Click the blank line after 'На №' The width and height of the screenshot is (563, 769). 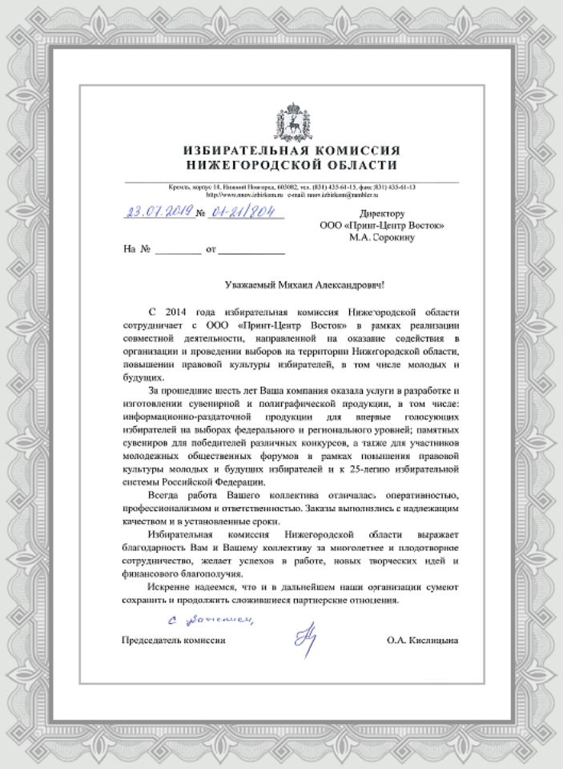point(179,250)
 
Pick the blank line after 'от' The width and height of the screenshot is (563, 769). point(251,250)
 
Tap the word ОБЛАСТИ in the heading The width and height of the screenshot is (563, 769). point(367,165)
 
